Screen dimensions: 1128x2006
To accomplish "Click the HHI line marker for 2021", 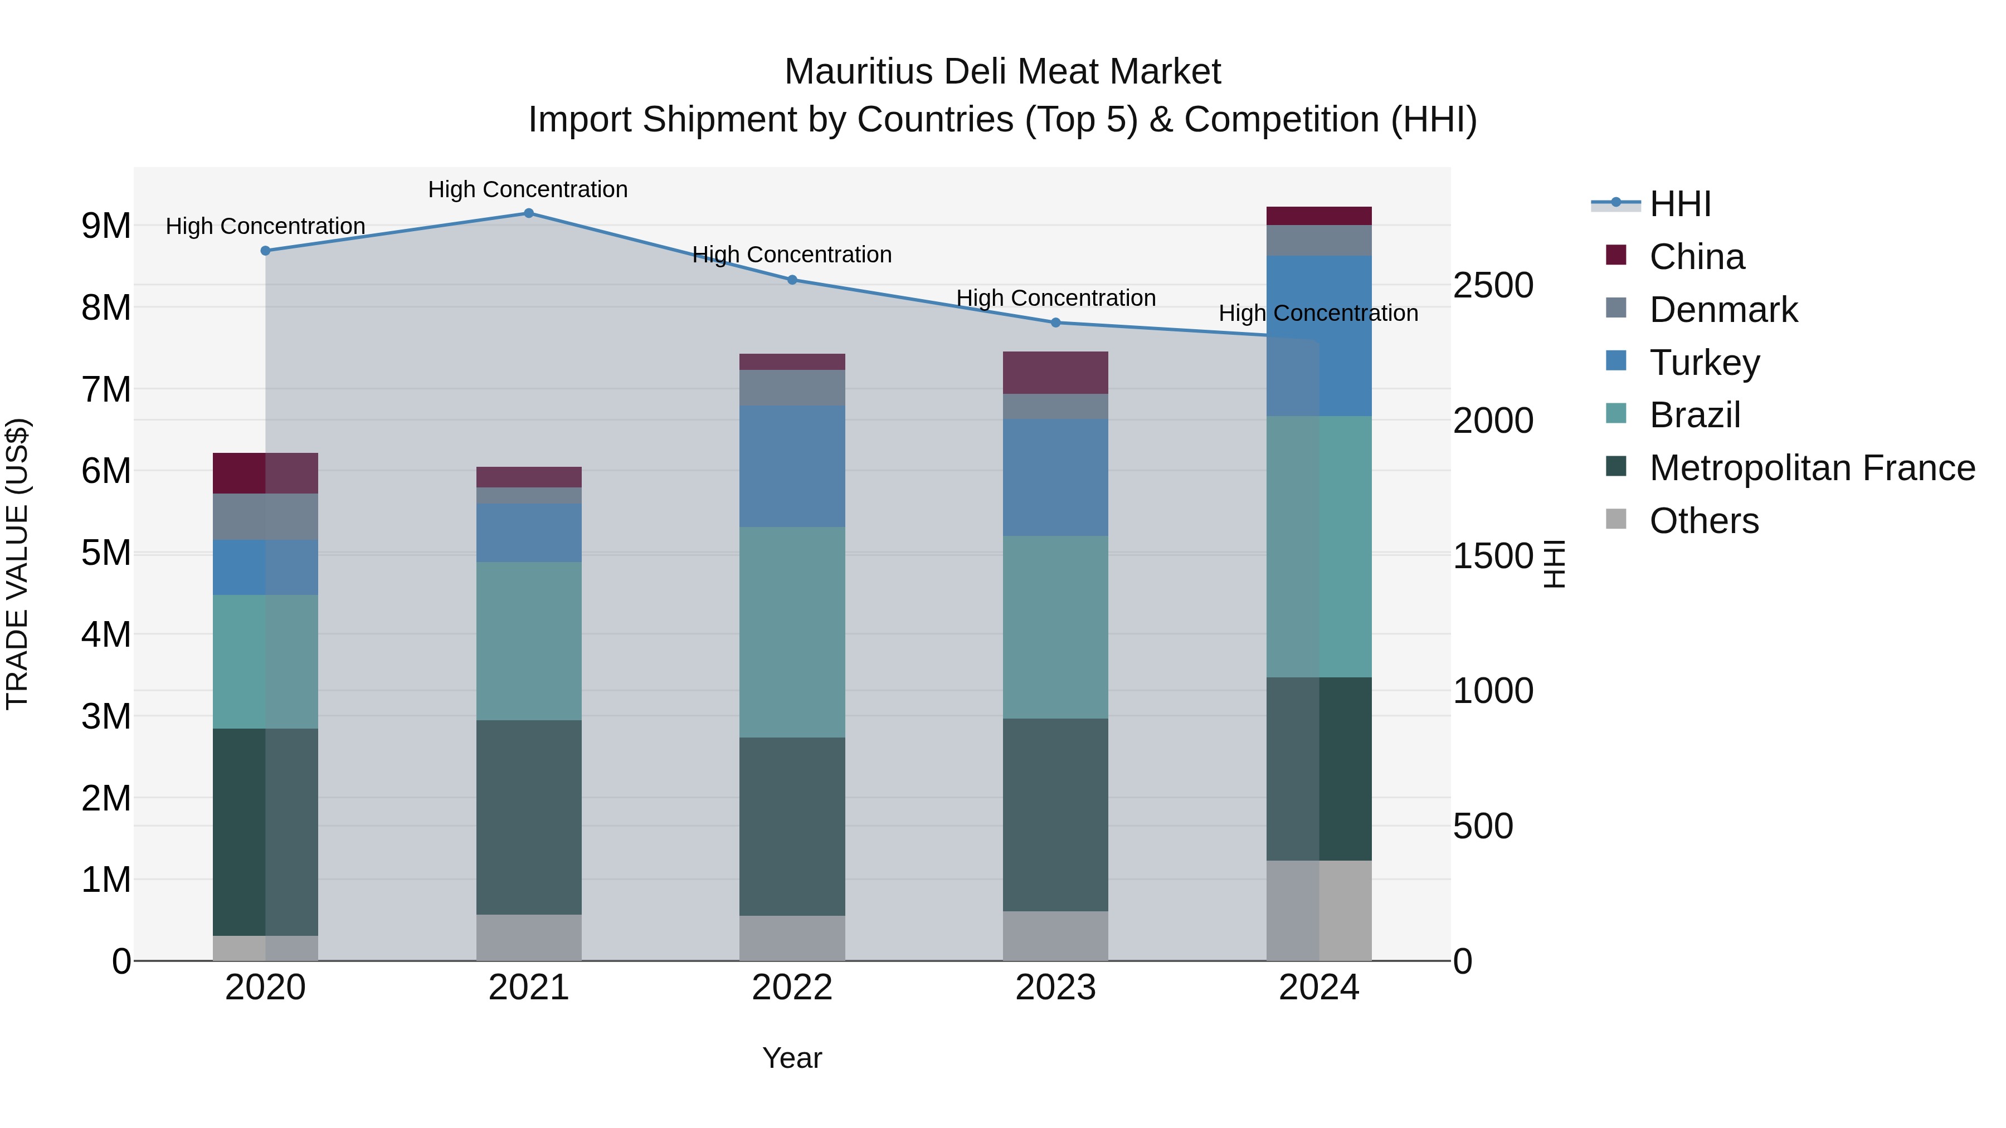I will coord(528,213).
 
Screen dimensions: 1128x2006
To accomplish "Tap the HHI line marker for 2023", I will coord(1055,323).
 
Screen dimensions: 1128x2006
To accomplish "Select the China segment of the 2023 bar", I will coord(1055,373).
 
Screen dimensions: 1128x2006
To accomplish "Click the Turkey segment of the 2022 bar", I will coord(792,466).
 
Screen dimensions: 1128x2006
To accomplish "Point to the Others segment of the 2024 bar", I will coord(1318,910).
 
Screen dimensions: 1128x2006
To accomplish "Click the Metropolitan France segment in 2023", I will coord(1055,814).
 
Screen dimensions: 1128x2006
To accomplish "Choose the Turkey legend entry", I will coord(1704,363).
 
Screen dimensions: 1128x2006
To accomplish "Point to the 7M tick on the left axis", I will coord(106,389).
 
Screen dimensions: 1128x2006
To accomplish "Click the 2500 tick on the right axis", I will coord(1493,286).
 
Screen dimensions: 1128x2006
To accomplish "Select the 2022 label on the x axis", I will coord(792,988).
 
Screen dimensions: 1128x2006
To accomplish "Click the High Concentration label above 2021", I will coord(528,189).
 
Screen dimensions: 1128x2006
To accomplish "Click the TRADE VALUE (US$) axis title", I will coord(17,564).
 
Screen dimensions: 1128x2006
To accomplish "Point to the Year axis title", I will coord(792,1058).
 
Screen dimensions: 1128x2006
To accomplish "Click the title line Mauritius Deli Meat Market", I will coord(1002,72).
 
